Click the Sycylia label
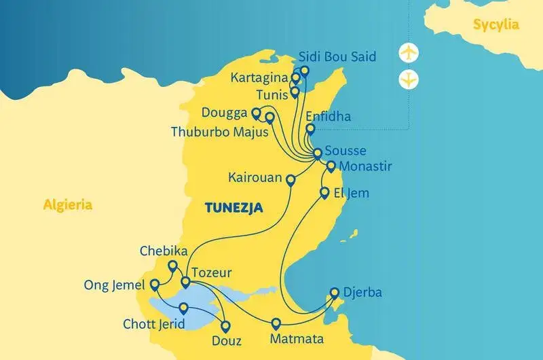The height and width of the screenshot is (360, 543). [x=496, y=25]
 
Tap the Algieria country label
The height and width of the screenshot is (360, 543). [x=67, y=204]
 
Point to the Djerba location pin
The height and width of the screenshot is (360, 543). [x=334, y=293]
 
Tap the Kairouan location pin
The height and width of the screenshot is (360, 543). [x=291, y=180]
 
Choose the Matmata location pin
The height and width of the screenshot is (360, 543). [x=276, y=323]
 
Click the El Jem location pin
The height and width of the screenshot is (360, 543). [x=324, y=192]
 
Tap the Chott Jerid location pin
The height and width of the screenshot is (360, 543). [x=183, y=308]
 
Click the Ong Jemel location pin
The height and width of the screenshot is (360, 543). [x=155, y=284]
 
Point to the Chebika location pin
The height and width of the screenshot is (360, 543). [x=172, y=266]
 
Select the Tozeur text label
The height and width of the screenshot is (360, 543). [x=212, y=273]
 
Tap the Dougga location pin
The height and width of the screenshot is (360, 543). [x=256, y=113]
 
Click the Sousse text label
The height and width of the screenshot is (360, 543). [x=345, y=151]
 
